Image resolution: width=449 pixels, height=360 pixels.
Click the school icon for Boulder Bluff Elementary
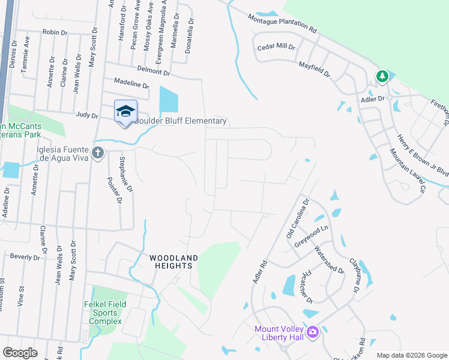(125, 112)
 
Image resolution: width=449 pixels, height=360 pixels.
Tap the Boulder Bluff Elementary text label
(180, 121)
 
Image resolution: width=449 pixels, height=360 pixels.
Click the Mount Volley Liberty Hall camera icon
(312, 332)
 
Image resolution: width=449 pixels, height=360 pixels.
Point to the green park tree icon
(382, 77)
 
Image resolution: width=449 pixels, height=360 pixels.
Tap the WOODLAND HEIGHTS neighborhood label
(173, 262)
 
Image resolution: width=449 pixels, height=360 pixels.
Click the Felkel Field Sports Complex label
(106, 313)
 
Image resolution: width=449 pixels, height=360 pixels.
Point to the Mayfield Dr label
(315, 68)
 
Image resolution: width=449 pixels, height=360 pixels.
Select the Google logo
(20, 353)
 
